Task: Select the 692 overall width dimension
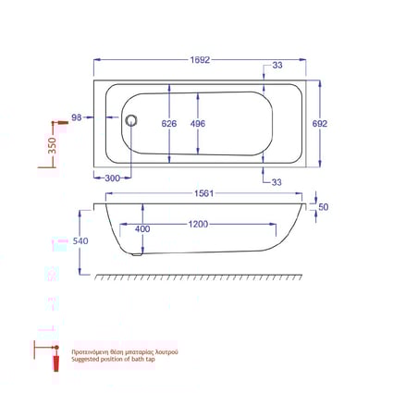pyautogui.click(x=320, y=122)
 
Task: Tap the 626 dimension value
pyautogui.click(x=168, y=123)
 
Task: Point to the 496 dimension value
pyautogui.click(x=197, y=123)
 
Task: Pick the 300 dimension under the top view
pyautogui.click(x=112, y=178)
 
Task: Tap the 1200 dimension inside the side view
pyautogui.click(x=198, y=225)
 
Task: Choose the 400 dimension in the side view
pyautogui.click(x=142, y=228)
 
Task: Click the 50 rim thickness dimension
pyautogui.click(x=323, y=207)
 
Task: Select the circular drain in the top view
pyautogui.click(x=130, y=119)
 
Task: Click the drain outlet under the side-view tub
pyautogui.click(x=137, y=252)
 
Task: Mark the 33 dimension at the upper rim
pyautogui.click(x=277, y=66)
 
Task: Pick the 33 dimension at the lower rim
pyautogui.click(x=277, y=181)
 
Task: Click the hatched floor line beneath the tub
pyautogui.click(x=202, y=276)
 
